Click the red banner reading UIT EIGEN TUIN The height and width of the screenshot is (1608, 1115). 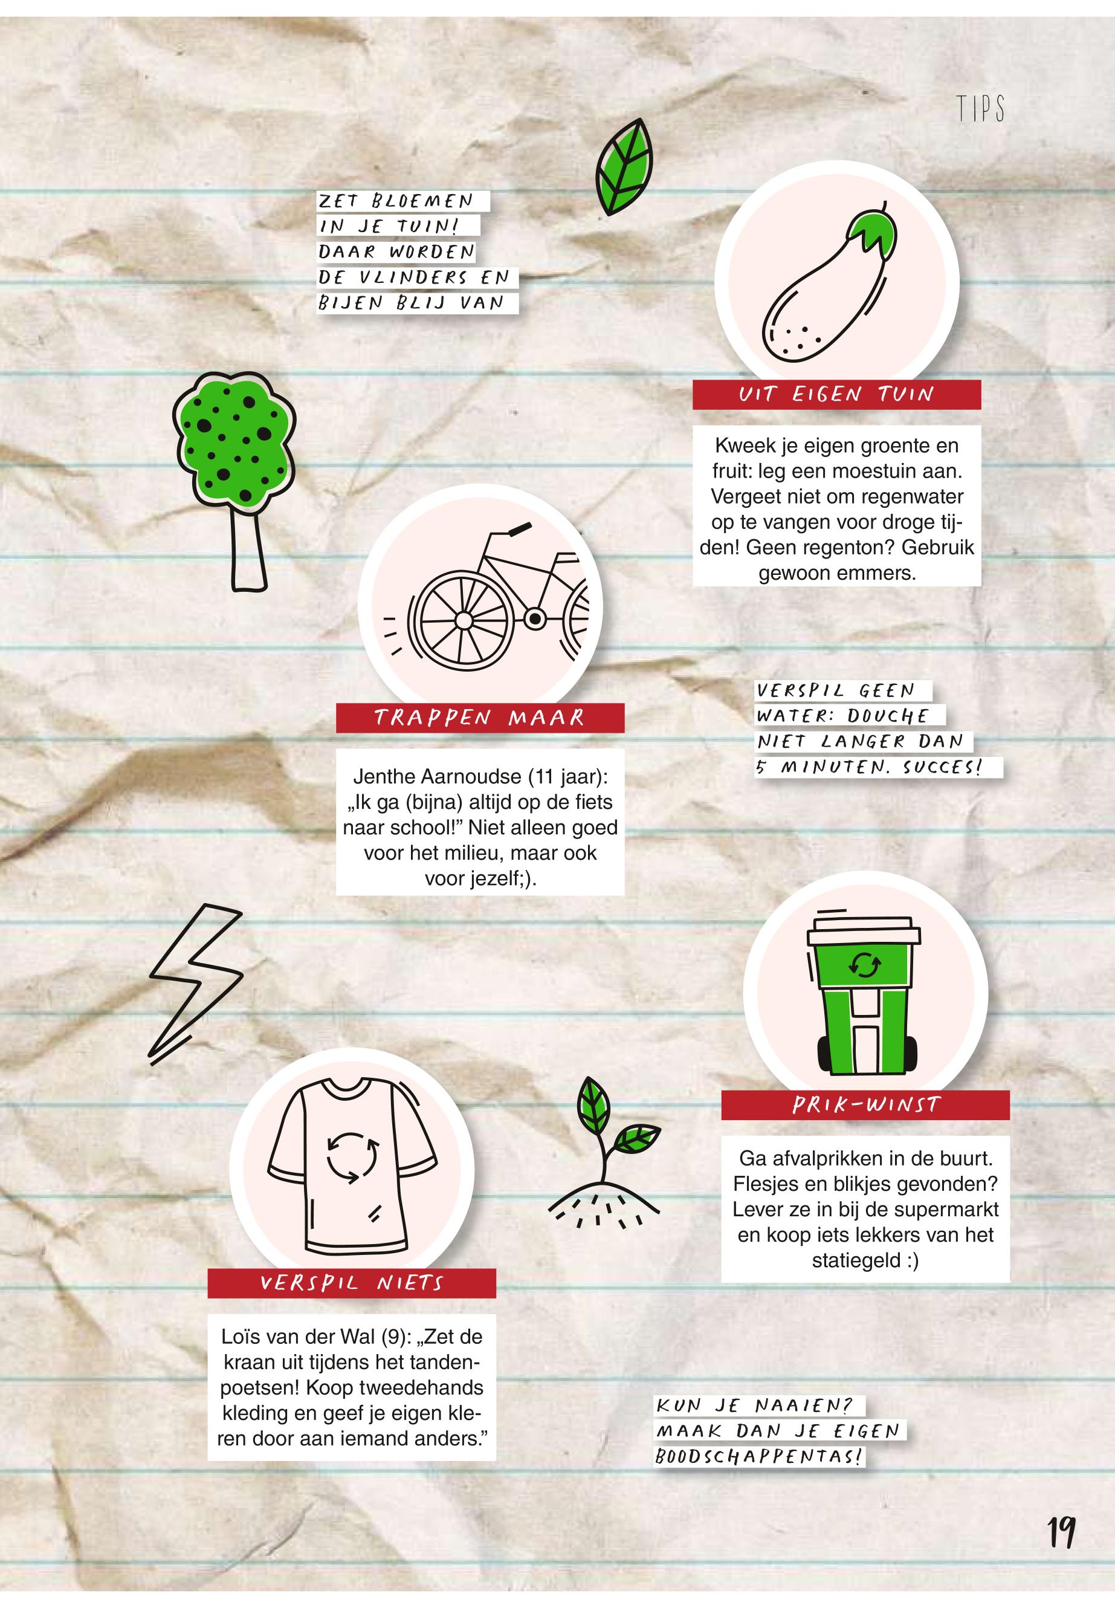click(836, 395)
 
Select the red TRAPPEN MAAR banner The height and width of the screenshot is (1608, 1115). click(480, 718)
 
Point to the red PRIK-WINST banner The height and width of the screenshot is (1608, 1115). click(865, 1105)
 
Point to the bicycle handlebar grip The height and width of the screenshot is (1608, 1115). click(519, 529)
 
